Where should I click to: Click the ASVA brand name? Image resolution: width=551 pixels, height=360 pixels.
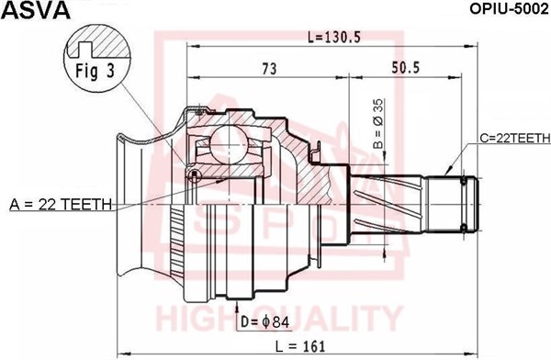click(36, 10)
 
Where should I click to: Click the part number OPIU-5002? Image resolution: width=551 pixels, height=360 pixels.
click(509, 9)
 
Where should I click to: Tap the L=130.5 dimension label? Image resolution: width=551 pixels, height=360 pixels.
click(334, 37)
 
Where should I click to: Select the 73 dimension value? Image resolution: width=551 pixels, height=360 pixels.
click(269, 69)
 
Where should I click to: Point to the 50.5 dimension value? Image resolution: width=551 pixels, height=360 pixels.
click(406, 68)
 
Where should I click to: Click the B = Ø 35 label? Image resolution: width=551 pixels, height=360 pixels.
click(378, 124)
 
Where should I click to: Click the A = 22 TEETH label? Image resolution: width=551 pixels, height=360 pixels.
click(61, 204)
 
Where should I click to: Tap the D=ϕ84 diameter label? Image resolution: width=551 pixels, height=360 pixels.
click(265, 321)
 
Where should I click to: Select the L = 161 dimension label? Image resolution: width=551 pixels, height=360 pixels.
click(300, 346)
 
